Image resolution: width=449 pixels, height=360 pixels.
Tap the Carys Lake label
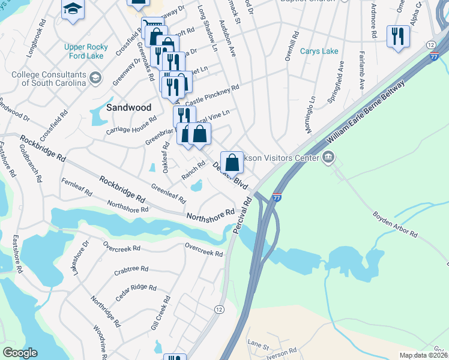tap(319, 52)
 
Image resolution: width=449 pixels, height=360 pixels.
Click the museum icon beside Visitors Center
tap(328, 158)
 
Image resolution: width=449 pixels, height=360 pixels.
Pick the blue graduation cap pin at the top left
tap(73, 9)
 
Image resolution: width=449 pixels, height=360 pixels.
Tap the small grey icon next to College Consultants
tap(95, 79)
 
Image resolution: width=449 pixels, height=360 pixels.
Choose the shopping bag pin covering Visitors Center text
tap(232, 163)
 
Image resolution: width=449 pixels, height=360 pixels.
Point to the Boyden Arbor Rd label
tap(394, 223)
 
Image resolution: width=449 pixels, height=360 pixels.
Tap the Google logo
tap(20, 353)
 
